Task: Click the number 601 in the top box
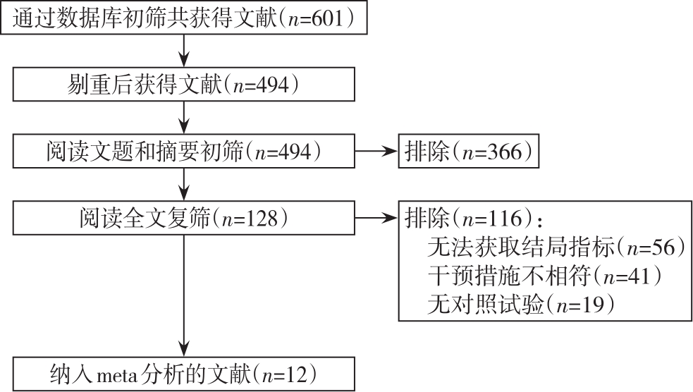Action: [x=328, y=18]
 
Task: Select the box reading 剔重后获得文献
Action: [x=184, y=85]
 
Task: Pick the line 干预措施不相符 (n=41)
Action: [x=545, y=276]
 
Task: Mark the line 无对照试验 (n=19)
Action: [x=521, y=305]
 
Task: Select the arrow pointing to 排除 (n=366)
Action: [x=376, y=152]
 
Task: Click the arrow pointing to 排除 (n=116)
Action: [x=376, y=219]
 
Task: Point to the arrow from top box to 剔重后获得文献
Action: [x=184, y=51]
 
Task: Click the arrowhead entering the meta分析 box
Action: [x=184, y=349]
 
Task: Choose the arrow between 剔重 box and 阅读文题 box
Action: [x=184, y=118]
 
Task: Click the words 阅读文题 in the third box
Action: [x=90, y=152]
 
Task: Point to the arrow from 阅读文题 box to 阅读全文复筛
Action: [x=184, y=184]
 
